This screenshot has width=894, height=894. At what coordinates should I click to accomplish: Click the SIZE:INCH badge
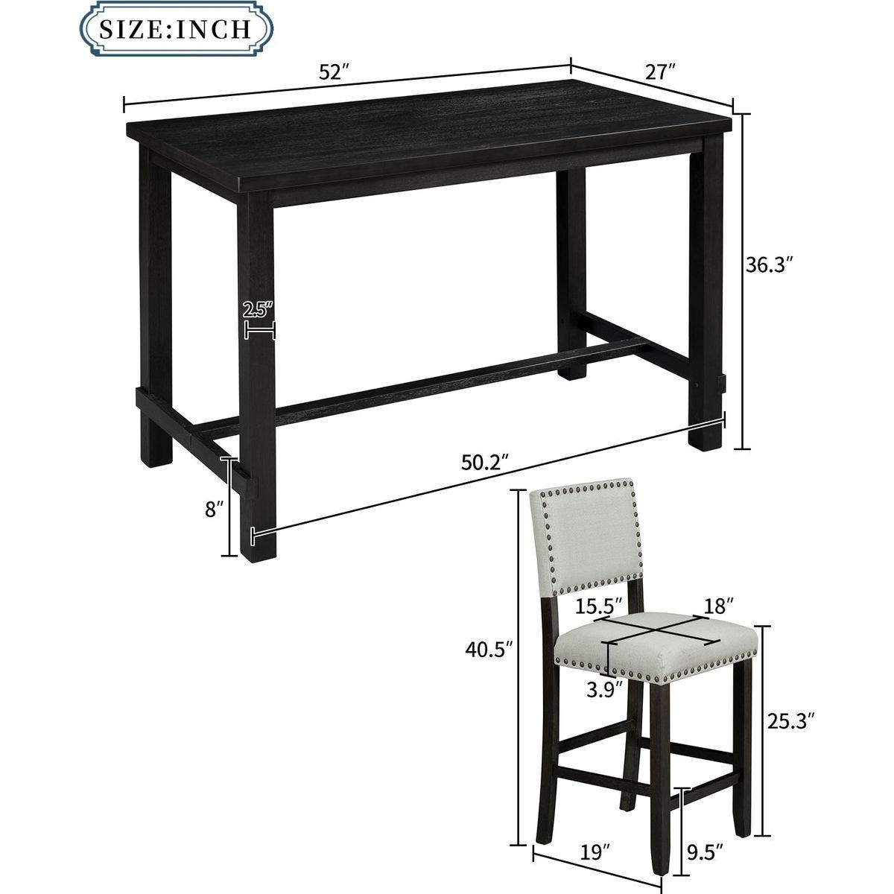point(177,28)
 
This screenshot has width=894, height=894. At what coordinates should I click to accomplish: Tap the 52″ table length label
point(334,73)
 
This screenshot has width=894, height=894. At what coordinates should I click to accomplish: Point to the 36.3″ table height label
point(773,265)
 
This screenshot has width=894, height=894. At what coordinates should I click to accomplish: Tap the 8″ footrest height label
point(214,510)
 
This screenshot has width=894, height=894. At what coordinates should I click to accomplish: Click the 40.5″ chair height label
point(489,650)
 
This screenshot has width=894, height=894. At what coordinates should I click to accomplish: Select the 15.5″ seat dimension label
point(599,606)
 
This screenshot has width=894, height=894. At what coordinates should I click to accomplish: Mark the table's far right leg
point(706,297)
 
